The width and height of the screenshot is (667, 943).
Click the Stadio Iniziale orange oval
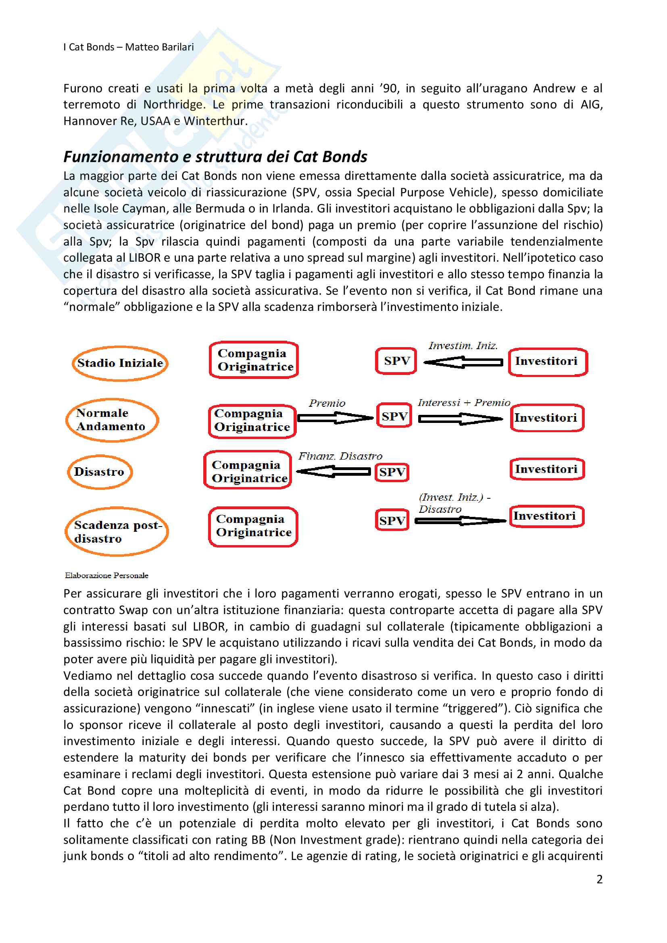[x=120, y=363]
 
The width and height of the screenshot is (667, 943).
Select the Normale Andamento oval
[x=112, y=420]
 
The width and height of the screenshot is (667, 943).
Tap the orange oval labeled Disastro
[x=99, y=472]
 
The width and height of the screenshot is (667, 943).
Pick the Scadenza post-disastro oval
[x=117, y=531]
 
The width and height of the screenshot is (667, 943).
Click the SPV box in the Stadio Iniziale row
[x=396, y=361]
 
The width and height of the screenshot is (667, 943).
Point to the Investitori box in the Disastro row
[x=547, y=469]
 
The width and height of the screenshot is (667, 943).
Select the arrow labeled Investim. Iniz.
[x=463, y=362]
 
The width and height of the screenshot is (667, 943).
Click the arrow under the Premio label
[x=335, y=418]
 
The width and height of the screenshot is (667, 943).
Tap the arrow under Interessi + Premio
[x=461, y=418]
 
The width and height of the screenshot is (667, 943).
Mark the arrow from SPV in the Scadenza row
[x=460, y=521]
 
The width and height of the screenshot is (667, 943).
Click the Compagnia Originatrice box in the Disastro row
[x=248, y=470]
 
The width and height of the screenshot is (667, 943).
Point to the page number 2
[x=599, y=879]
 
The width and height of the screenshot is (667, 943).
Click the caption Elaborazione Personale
[x=106, y=575]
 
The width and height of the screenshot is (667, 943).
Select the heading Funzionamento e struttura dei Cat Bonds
[x=215, y=157]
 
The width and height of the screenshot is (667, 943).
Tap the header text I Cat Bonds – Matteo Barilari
[x=129, y=47]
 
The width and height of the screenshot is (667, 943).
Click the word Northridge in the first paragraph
[x=173, y=105]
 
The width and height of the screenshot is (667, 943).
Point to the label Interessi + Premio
[x=464, y=403]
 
